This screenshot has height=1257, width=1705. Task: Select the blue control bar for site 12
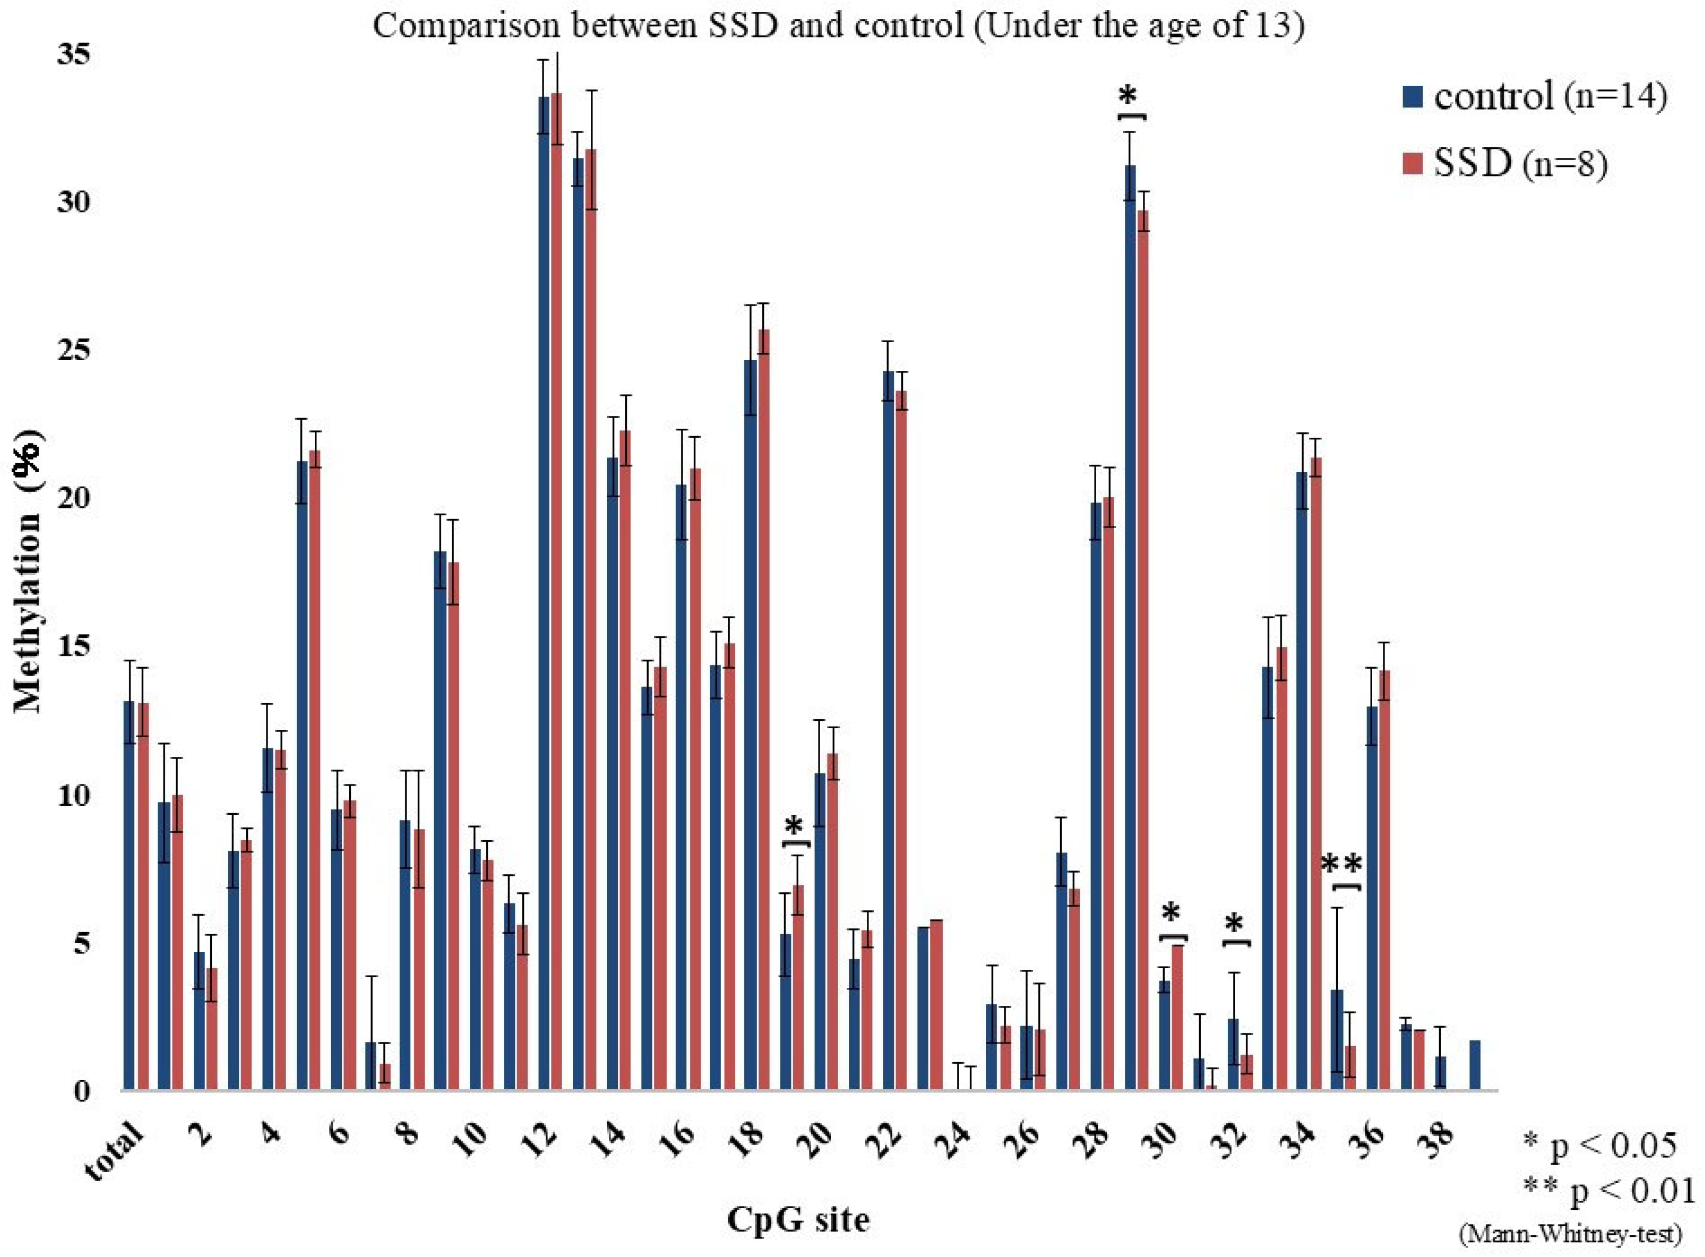pos(544,593)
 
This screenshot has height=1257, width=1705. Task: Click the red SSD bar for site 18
pos(763,707)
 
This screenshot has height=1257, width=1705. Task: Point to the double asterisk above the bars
pos(1341,865)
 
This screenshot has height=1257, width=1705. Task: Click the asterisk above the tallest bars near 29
pos(1128,97)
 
